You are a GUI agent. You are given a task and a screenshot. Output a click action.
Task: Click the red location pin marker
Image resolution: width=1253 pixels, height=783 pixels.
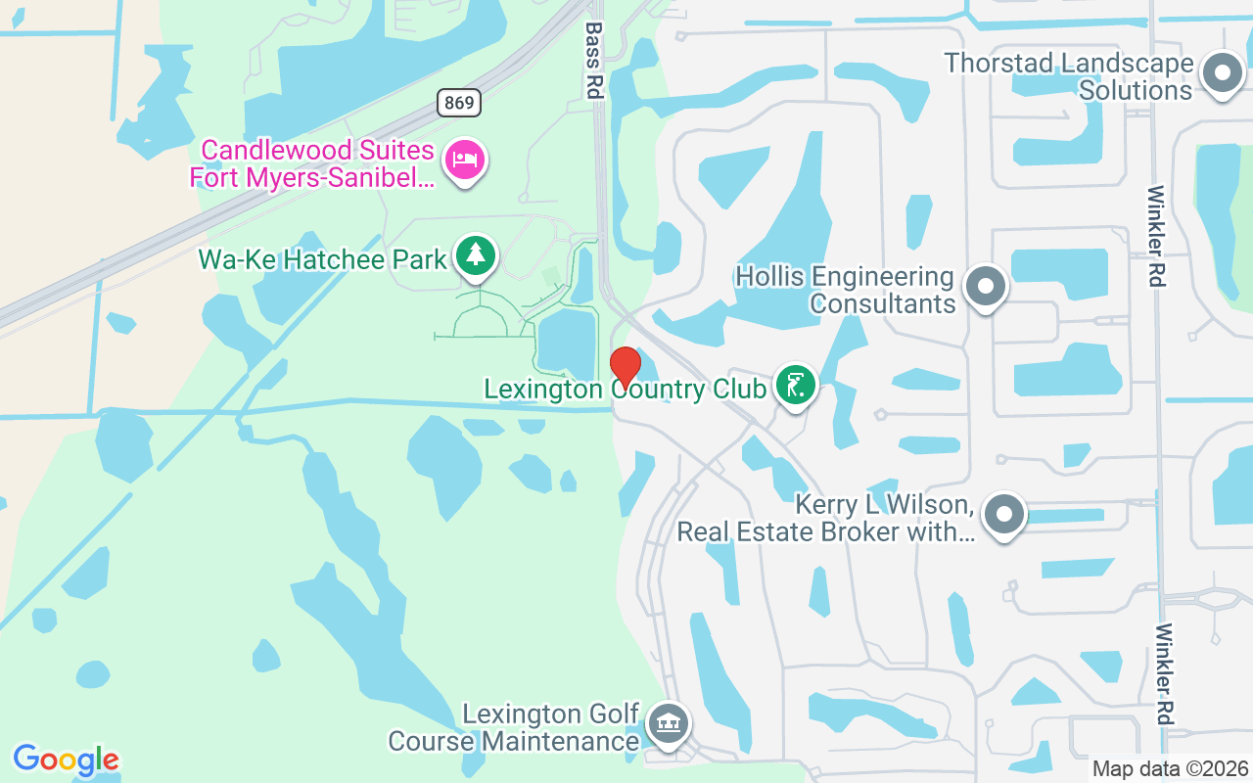626,367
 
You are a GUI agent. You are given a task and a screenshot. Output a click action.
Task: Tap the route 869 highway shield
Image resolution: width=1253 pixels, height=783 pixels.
459,102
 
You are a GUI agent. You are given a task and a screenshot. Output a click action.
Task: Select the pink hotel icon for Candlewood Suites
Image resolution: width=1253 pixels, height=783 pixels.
464,160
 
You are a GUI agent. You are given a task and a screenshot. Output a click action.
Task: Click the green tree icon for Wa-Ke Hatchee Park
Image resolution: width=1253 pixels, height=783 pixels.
476,255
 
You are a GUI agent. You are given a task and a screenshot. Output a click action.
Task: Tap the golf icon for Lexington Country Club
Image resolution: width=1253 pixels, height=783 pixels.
796,385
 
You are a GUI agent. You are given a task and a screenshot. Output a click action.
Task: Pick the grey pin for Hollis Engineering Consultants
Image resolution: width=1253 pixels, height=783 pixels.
986,287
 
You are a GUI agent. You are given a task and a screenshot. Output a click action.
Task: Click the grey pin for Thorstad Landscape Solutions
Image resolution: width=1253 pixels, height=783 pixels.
1222,73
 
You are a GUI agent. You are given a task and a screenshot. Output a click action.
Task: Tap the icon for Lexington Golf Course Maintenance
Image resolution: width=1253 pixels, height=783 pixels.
669,724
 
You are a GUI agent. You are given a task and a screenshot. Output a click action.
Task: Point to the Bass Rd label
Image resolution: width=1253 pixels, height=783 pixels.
593,61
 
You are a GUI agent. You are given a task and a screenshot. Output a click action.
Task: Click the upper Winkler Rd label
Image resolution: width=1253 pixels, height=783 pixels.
1156,236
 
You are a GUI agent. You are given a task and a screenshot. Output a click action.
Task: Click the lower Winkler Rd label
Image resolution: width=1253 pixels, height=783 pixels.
1164,674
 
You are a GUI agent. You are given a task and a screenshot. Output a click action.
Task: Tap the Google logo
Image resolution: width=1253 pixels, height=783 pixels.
66,760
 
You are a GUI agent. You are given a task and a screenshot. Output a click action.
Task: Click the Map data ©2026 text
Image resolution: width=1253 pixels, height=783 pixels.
1171,768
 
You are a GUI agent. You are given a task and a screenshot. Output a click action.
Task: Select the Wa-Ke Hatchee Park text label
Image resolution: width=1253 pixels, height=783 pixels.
323,259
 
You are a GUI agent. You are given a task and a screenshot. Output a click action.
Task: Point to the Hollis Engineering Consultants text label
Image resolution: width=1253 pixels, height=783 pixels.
845,290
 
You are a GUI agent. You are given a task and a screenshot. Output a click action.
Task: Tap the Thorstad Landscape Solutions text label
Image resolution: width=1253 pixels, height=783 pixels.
1069,76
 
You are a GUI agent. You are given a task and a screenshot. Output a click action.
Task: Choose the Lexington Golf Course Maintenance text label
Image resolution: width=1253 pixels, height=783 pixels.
514,727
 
